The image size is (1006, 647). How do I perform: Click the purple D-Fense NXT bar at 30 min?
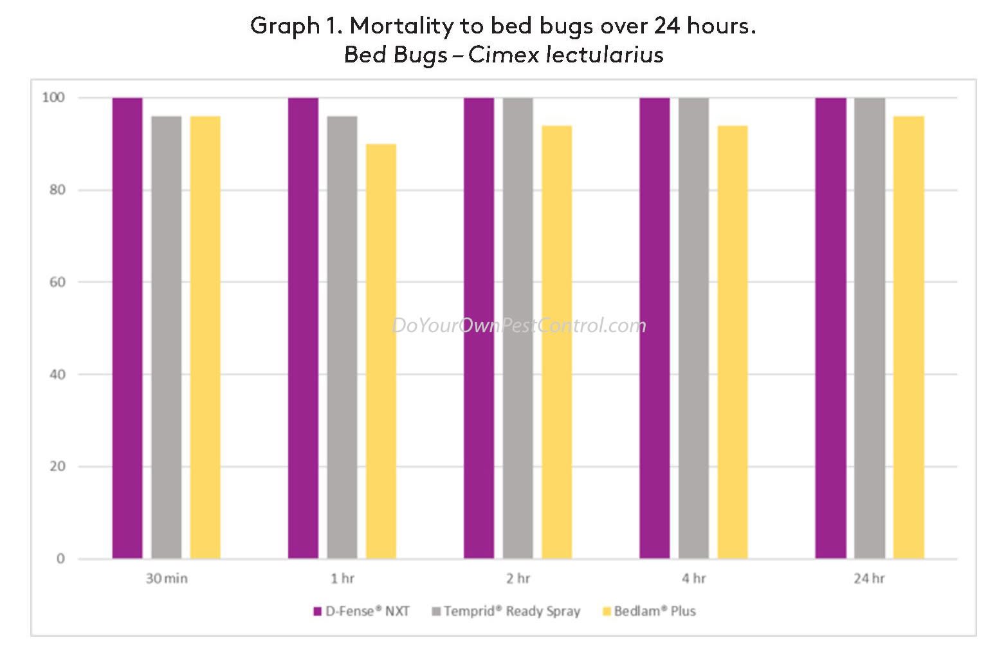[127, 328]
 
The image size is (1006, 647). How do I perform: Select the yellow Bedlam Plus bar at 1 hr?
[381, 351]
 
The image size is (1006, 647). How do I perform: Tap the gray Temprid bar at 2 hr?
[518, 328]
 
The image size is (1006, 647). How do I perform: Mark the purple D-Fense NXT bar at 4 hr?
[654, 328]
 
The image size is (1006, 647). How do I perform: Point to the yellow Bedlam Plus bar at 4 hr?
[733, 342]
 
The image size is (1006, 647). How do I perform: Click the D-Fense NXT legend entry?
[361, 612]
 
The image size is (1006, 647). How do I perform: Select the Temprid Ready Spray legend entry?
[506, 612]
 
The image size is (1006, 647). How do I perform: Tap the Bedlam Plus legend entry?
[649, 612]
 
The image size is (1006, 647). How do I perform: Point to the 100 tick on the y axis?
[53, 98]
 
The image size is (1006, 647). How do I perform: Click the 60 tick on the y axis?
[57, 282]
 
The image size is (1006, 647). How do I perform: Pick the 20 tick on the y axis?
[57, 467]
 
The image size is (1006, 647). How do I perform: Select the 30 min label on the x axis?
[167, 579]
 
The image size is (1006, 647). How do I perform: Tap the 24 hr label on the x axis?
[869, 579]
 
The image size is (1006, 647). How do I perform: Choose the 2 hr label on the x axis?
[518, 579]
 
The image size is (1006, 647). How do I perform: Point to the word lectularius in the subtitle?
[604, 55]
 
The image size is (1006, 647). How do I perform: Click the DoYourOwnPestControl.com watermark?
[519, 326]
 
